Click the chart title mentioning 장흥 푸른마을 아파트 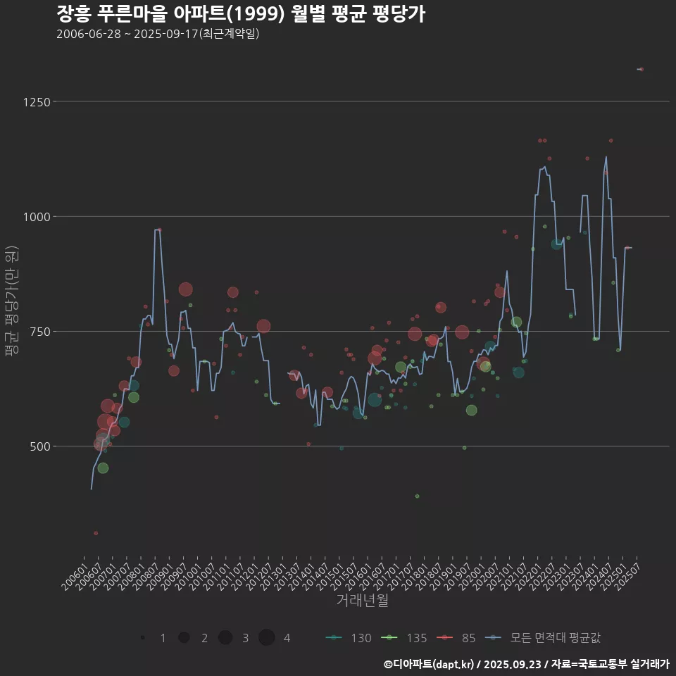pyautogui.click(x=240, y=14)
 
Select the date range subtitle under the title pyautogui.click(x=158, y=34)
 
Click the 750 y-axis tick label pyautogui.click(x=39, y=332)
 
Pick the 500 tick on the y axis pyautogui.click(x=39, y=446)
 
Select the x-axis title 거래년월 pyautogui.click(x=362, y=600)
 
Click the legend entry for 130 pyautogui.click(x=349, y=638)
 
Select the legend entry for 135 pyautogui.click(x=405, y=638)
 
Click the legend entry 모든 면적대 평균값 pyautogui.click(x=546, y=638)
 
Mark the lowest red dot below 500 pyautogui.click(x=96, y=533)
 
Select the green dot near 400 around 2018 pyautogui.click(x=417, y=496)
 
